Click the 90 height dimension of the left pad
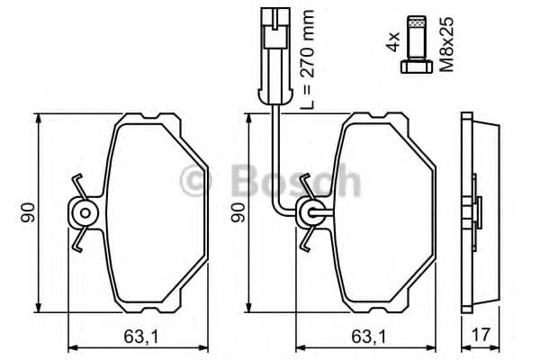pos(28,212)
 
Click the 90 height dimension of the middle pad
pos(238,212)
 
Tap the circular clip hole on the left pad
pos(84,212)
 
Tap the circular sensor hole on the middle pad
pos(311,213)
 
